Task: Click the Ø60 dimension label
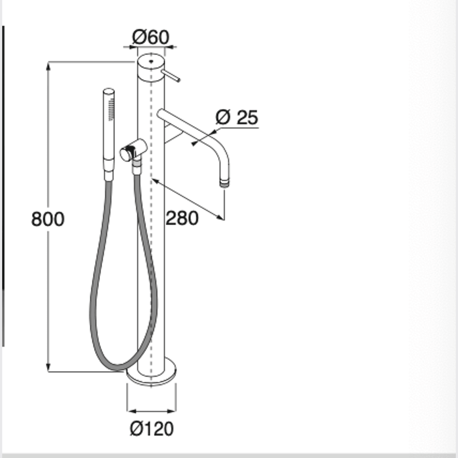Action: (x=151, y=37)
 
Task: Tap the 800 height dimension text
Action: (x=48, y=219)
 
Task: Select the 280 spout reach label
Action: (x=182, y=218)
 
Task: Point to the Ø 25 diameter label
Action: (x=237, y=118)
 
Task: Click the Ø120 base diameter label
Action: (x=152, y=429)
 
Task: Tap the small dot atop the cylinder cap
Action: (x=151, y=61)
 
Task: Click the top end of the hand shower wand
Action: (x=109, y=90)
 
